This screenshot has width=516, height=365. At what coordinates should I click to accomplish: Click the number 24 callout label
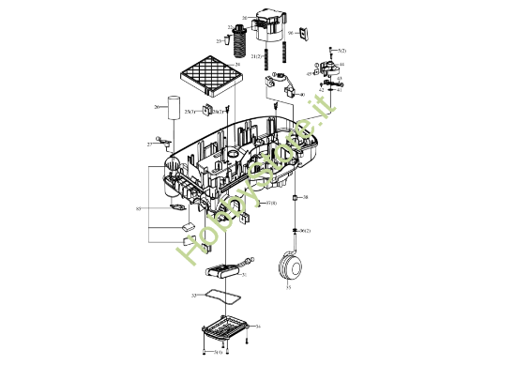click(x=238, y=65)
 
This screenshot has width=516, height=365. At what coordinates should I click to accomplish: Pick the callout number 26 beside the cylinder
click(x=157, y=107)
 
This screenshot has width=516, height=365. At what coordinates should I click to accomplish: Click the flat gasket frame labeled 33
click(x=221, y=297)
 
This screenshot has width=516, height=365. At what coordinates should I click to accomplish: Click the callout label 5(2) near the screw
click(x=342, y=50)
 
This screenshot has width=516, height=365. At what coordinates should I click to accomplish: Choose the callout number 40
click(x=302, y=96)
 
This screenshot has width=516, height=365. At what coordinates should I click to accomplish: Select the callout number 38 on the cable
click(x=305, y=198)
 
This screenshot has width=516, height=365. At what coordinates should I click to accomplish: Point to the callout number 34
click(x=258, y=326)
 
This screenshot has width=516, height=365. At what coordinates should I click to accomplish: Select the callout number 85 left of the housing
click(x=138, y=207)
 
